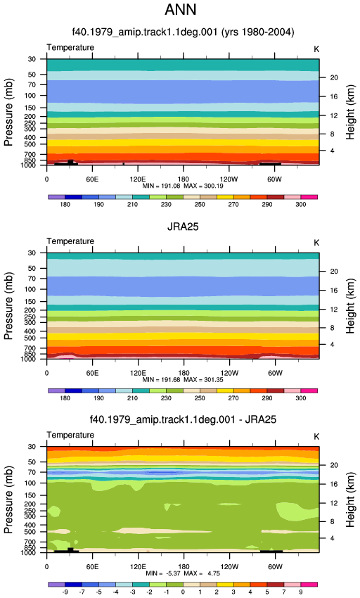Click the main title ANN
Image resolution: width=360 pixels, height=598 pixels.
(181, 10)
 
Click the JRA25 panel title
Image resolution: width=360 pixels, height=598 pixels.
(183, 227)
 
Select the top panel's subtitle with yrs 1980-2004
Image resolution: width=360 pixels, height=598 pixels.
(183, 32)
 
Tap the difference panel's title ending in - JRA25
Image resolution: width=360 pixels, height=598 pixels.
(183, 419)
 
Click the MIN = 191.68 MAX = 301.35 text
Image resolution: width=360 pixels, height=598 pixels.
(183, 380)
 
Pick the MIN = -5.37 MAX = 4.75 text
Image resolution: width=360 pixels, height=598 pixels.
(183, 573)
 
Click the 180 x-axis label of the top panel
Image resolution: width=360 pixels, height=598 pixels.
(184, 179)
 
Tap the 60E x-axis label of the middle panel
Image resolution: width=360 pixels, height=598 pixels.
(92, 373)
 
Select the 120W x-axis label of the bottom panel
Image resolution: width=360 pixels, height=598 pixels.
(229, 567)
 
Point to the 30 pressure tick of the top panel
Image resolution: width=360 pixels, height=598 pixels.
(32, 59)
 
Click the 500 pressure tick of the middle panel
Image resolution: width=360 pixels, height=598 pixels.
(30, 338)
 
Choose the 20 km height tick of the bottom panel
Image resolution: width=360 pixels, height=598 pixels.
(334, 465)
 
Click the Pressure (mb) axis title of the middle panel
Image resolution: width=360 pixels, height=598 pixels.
(8, 306)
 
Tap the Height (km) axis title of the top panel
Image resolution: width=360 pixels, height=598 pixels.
(350, 112)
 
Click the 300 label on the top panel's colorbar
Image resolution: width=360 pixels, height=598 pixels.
(300, 205)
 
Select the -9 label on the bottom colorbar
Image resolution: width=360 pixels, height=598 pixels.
(65, 592)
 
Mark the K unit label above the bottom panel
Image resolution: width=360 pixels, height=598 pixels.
(316, 437)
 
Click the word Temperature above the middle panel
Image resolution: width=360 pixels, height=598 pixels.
(70, 241)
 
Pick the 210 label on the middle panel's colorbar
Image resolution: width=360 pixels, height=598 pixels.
(132, 398)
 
